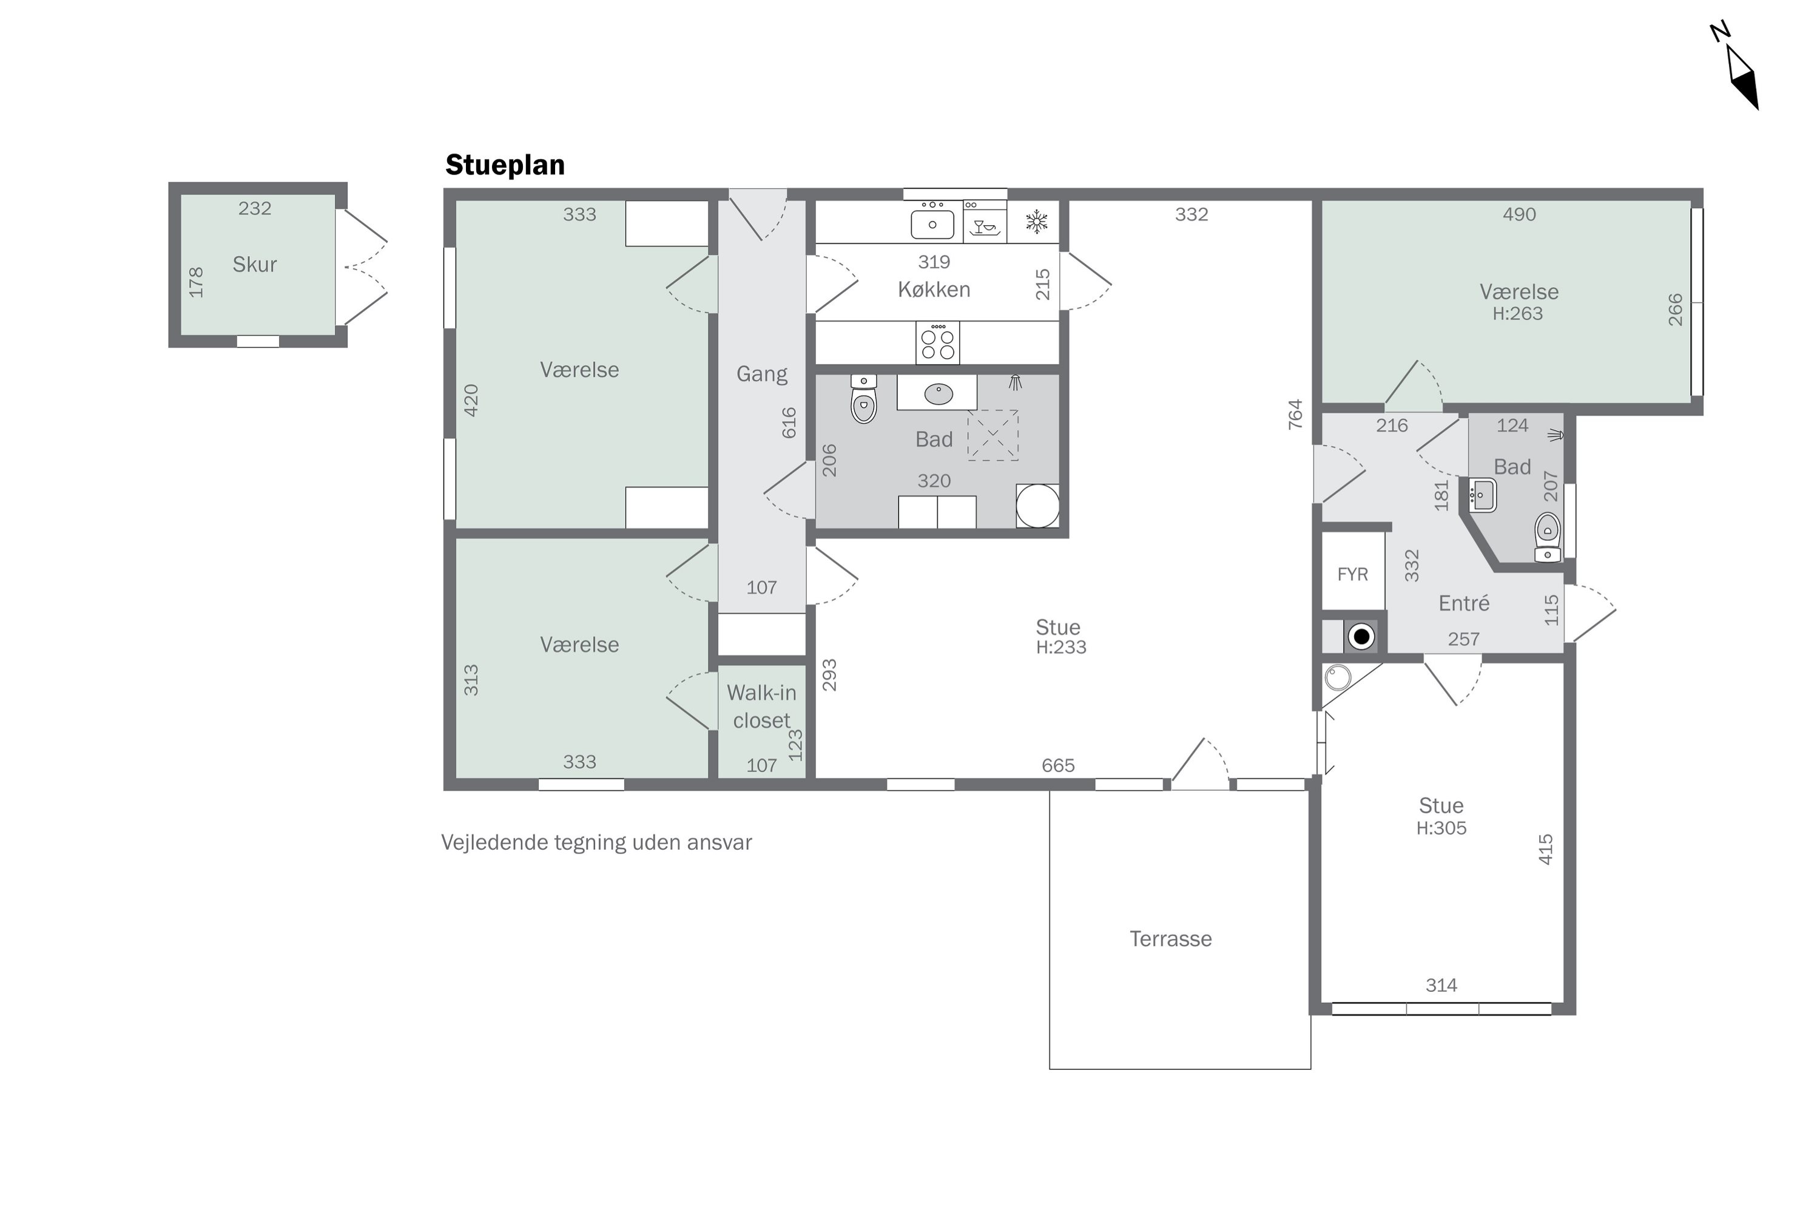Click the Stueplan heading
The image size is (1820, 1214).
(x=505, y=165)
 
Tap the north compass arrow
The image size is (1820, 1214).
(x=1742, y=76)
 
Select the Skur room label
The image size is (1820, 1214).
(x=255, y=264)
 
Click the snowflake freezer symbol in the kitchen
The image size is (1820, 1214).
(x=1036, y=222)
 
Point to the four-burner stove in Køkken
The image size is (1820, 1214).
(x=937, y=343)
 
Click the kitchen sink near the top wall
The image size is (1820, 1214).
(x=932, y=222)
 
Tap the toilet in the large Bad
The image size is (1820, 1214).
(x=863, y=399)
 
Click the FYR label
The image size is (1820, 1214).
(x=1353, y=574)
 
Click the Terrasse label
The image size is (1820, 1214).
(x=1171, y=939)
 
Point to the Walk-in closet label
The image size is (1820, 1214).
(x=761, y=706)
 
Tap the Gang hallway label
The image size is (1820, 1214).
(x=761, y=375)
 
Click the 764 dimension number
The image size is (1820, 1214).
(x=1295, y=414)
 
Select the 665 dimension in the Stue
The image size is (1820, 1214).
(x=1058, y=765)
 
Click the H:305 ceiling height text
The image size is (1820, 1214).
(x=1441, y=828)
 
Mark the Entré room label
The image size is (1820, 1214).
(x=1463, y=603)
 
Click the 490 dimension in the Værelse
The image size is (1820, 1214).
(x=1519, y=214)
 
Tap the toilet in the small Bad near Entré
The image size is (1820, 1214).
(x=1547, y=536)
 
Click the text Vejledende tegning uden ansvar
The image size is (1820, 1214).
(x=596, y=843)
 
